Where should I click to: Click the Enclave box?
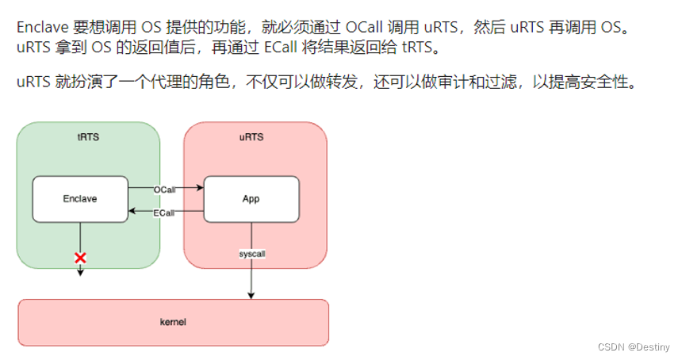pos(79,199)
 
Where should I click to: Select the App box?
pos(251,199)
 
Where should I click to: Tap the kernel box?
pos(173,323)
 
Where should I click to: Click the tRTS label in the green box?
pos(88,137)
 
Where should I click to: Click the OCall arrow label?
pos(165,190)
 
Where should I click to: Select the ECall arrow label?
pos(165,212)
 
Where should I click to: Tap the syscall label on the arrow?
pos(251,254)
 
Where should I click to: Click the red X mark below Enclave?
pos(80,258)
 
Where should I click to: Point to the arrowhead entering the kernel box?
pos(251,295)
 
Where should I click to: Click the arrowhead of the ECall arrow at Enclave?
pos(133,212)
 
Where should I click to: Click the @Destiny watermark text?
pos(652,347)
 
